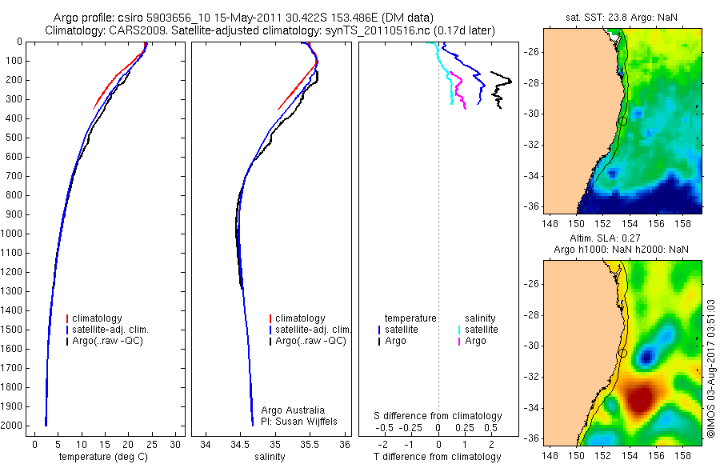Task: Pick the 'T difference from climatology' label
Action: coord(438,457)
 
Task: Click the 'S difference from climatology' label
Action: coord(438,416)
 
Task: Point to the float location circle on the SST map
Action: coord(622,121)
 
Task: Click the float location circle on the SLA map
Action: coord(622,353)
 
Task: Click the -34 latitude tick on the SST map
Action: coord(532,175)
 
